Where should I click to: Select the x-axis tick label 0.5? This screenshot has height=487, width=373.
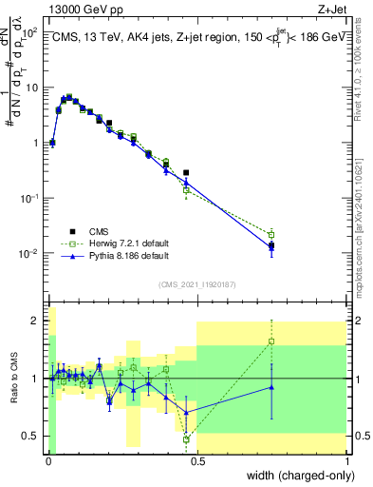[197, 461]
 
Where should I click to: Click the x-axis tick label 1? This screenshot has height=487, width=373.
[347, 461]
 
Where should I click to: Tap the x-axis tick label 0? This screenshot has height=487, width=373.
[48, 461]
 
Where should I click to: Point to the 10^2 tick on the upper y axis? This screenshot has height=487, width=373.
[30, 32]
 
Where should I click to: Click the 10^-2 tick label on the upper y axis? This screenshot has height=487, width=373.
[28, 254]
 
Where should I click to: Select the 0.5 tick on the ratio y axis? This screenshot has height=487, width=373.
[32, 436]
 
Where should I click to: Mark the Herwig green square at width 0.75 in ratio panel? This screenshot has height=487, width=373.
[272, 341]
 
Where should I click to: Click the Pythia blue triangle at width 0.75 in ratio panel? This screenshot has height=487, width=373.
[272, 386]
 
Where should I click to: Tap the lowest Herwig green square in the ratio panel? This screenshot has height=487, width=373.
[186, 439]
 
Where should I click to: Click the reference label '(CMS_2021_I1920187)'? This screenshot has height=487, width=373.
[196, 283]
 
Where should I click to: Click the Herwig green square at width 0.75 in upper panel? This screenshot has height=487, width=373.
[272, 234]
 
